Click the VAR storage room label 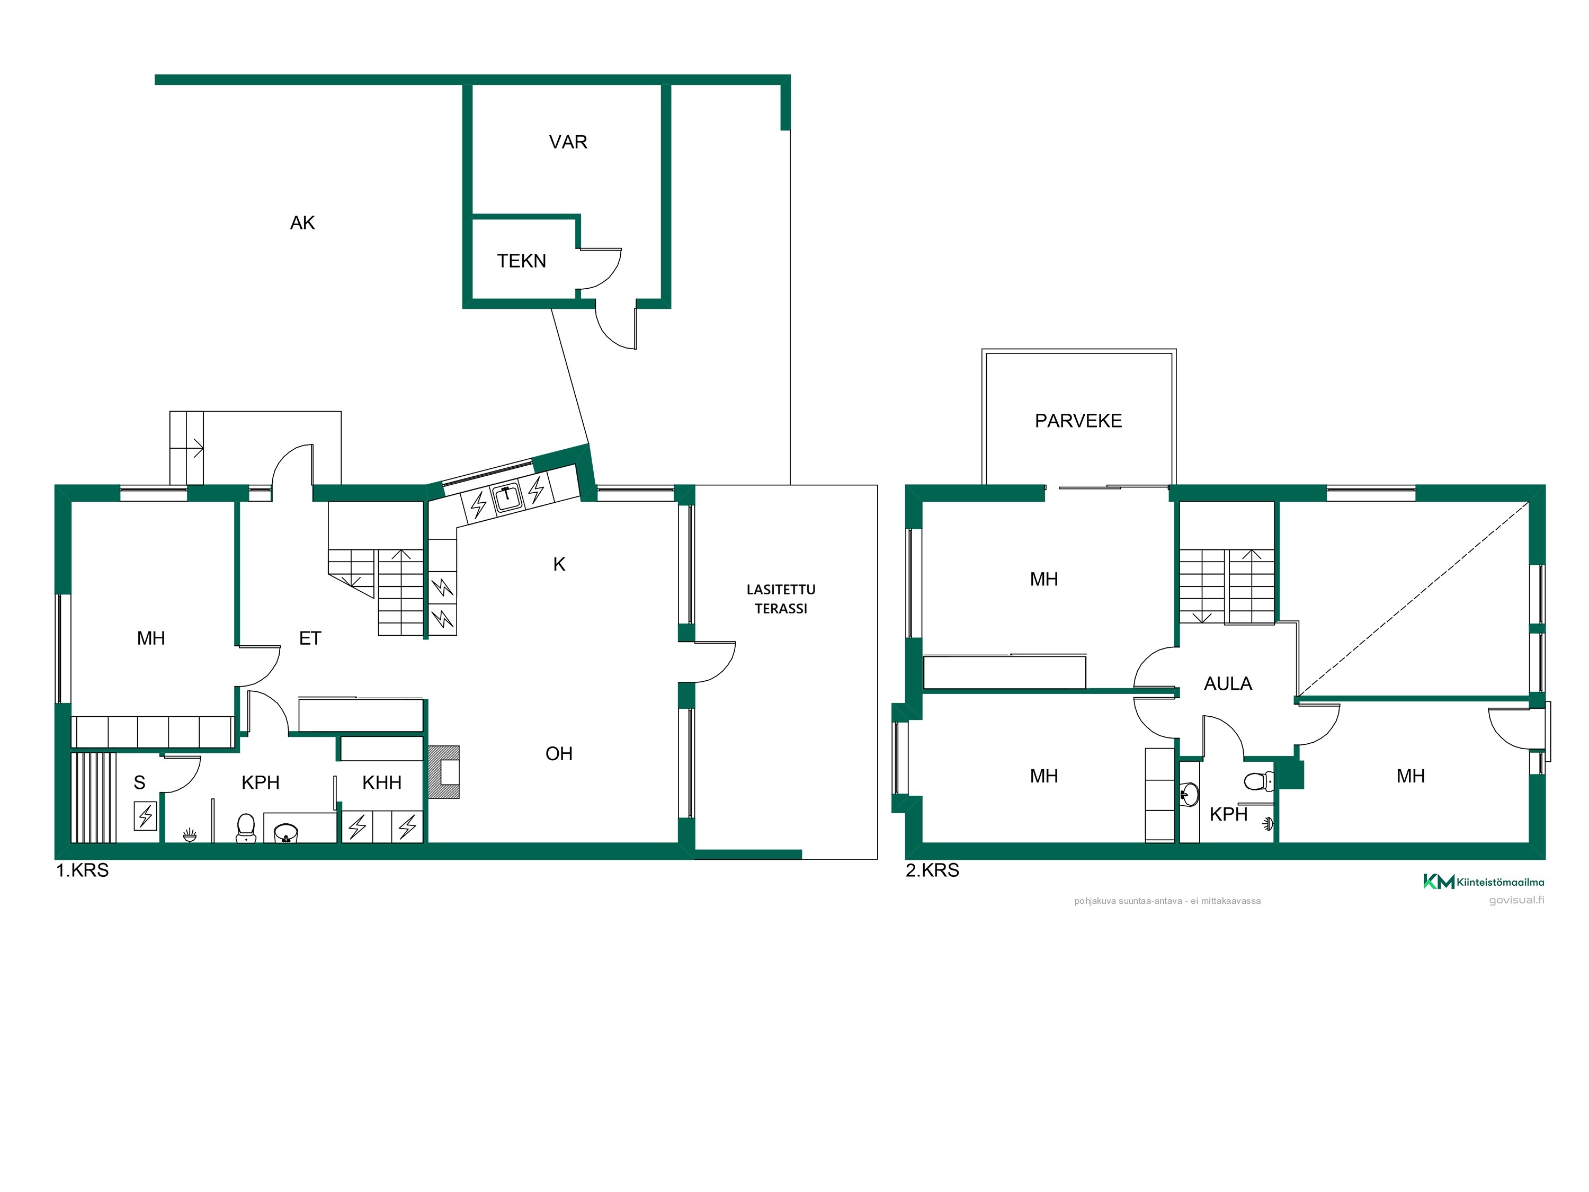(567, 143)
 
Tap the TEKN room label (522, 261)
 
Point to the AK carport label (302, 223)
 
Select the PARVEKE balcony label (1078, 421)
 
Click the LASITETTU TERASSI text (781, 599)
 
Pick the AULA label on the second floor (1228, 684)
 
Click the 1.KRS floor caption (83, 870)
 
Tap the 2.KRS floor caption (932, 870)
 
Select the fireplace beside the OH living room (444, 772)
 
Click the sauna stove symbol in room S (146, 815)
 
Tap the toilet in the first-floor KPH (246, 827)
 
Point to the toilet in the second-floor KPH (1258, 781)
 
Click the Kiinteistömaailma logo (1484, 882)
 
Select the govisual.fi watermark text (1516, 900)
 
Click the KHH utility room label (381, 782)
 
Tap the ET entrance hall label (310, 638)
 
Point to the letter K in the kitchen (559, 565)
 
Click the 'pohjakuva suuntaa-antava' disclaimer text (1167, 901)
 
